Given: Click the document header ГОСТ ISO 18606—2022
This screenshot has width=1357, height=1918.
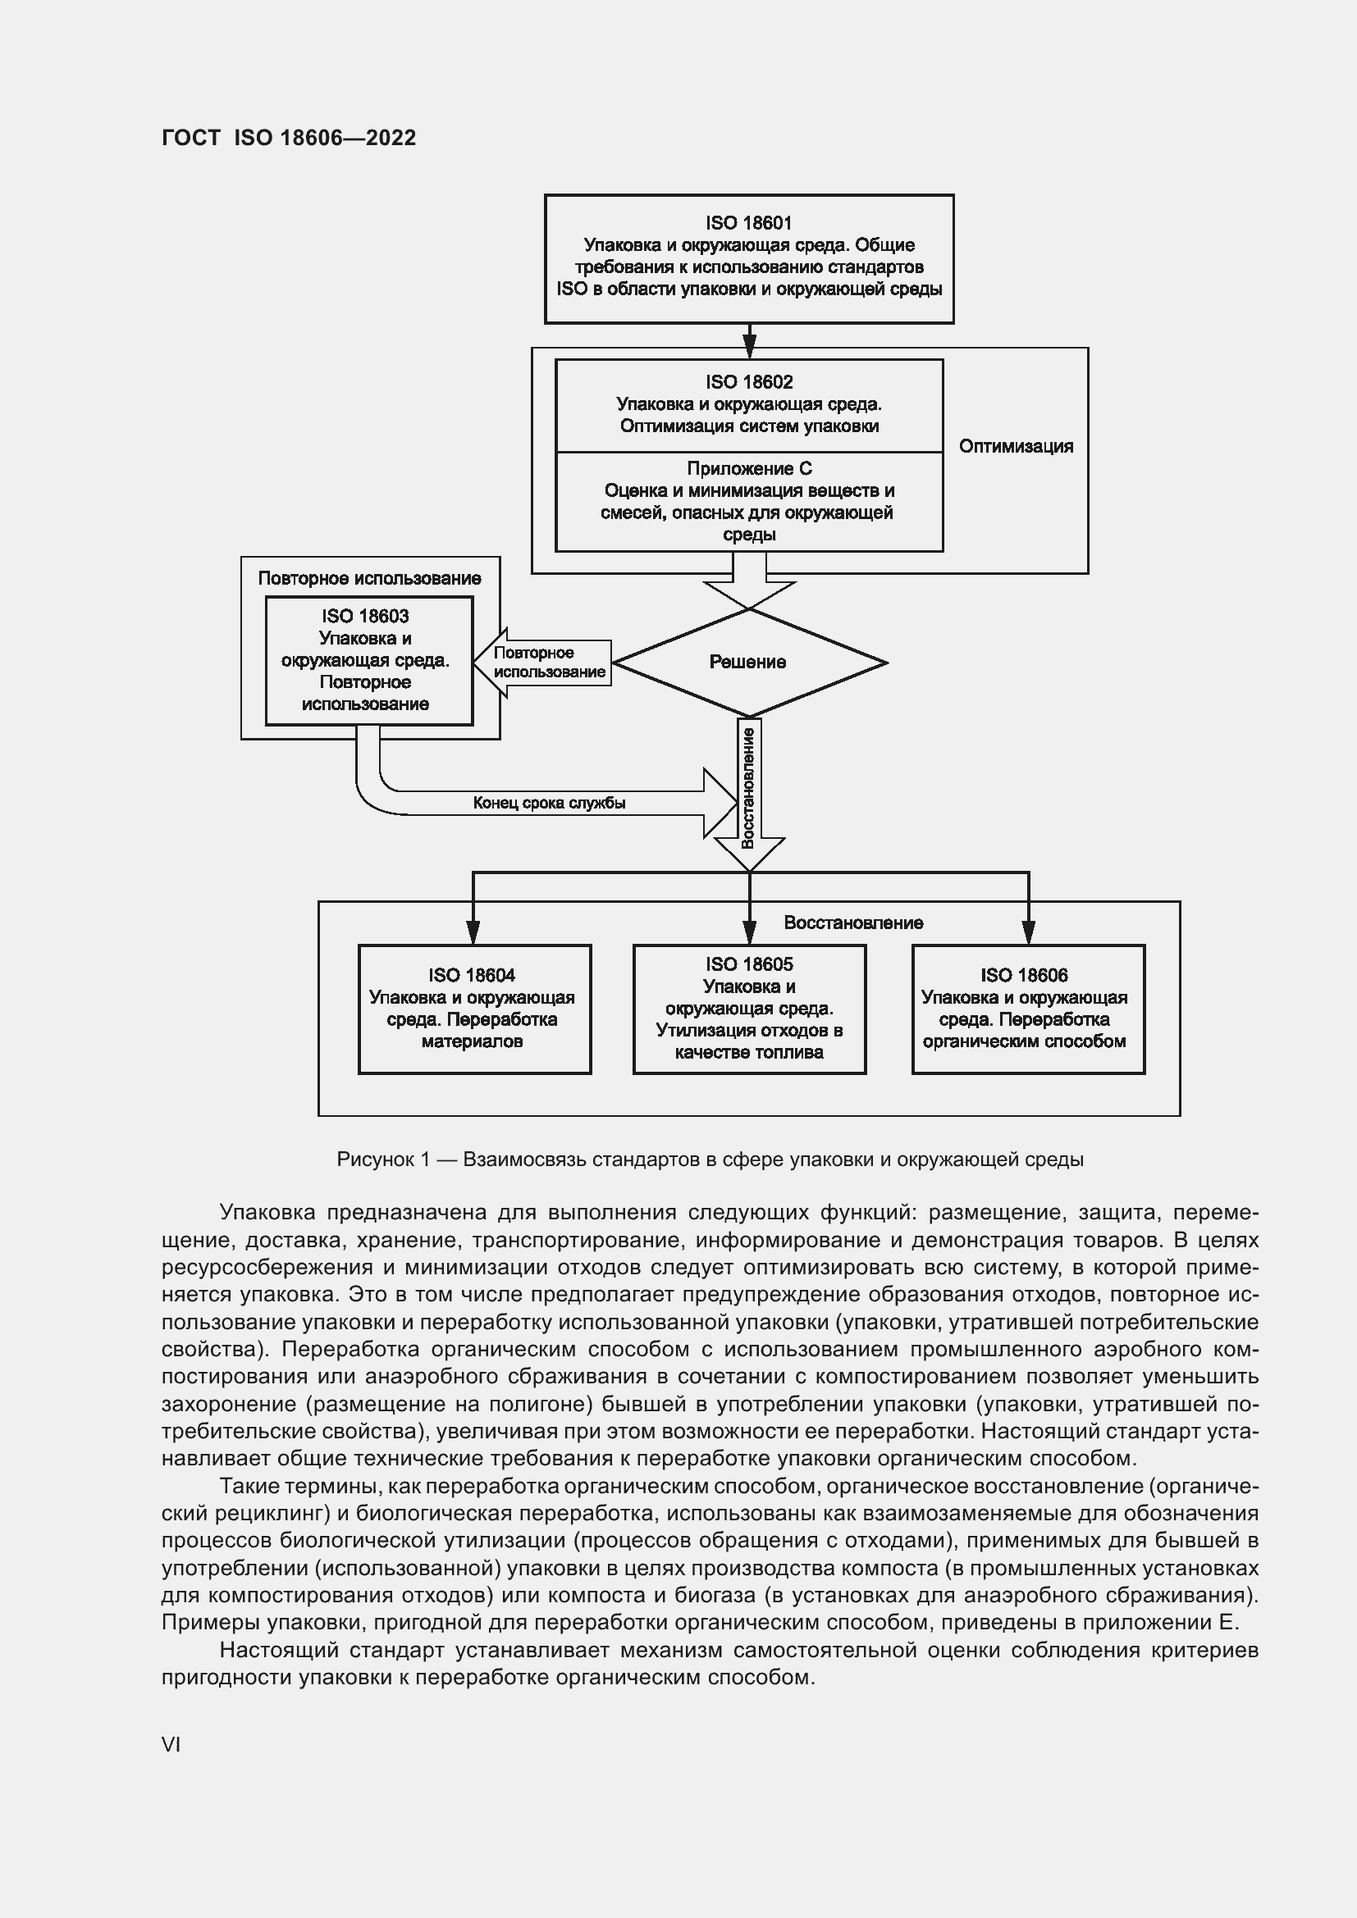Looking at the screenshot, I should [288, 138].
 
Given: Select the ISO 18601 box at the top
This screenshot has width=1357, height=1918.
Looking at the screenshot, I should [749, 258].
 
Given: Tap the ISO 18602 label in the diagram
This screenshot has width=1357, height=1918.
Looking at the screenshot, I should [749, 382].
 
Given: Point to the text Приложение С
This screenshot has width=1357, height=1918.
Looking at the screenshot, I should [749, 469].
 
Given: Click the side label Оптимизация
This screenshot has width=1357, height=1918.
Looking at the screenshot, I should [1015, 446].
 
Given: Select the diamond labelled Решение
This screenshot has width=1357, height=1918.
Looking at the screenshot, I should [749, 663].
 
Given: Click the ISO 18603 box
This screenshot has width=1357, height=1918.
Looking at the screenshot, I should [368, 660].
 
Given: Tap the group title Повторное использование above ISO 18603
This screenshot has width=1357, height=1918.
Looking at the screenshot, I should [368, 578].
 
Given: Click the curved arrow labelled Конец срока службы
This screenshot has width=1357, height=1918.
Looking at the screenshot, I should [548, 803].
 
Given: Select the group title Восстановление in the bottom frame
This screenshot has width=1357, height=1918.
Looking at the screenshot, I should [852, 923].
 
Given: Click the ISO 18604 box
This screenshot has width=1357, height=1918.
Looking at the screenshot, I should [473, 1009].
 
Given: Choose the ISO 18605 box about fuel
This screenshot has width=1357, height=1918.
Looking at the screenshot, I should [749, 1009].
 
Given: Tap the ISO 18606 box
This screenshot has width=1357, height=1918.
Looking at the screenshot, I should [1027, 1009].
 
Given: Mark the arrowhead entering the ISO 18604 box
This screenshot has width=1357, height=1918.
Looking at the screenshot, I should [473, 932].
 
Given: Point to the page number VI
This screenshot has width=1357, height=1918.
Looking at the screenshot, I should [171, 1744].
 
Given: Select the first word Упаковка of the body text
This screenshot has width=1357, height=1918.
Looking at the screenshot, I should [267, 1212].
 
